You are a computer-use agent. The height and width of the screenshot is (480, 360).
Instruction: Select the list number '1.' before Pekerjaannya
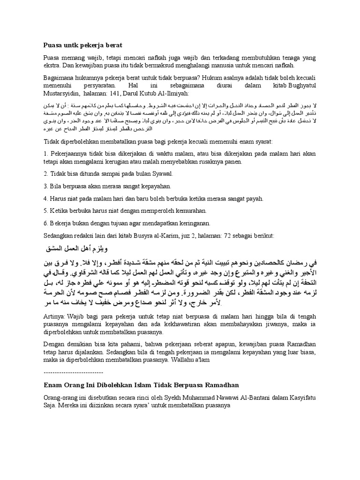(45, 153)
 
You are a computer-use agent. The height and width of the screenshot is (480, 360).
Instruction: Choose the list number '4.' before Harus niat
(45, 198)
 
